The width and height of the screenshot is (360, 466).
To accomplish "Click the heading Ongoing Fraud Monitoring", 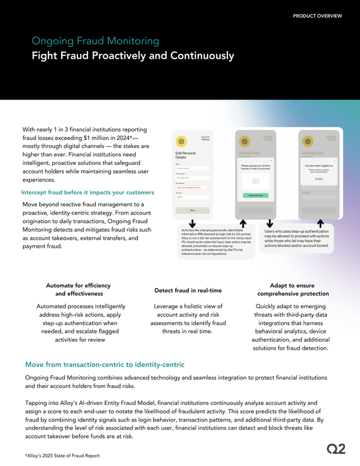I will tap(95, 41).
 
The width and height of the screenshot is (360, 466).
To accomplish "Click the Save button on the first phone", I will tap(193, 211).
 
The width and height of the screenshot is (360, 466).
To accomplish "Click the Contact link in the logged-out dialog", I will tap(319, 178).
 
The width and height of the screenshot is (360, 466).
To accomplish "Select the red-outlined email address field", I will tap(193, 187).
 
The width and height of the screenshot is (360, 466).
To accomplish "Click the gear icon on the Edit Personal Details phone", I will tap(180, 142).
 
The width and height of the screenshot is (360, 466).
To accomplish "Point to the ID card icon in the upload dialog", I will tap(254, 181).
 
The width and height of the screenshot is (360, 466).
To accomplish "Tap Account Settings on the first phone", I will tap(205, 137).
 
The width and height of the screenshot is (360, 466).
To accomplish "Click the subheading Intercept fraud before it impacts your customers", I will tap(88, 193).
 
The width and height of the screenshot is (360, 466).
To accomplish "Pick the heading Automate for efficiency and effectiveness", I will tap(78, 290).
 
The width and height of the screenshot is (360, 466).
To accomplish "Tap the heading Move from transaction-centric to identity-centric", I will tap(104, 365).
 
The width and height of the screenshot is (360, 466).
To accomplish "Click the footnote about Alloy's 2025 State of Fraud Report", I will tap(63, 456).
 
